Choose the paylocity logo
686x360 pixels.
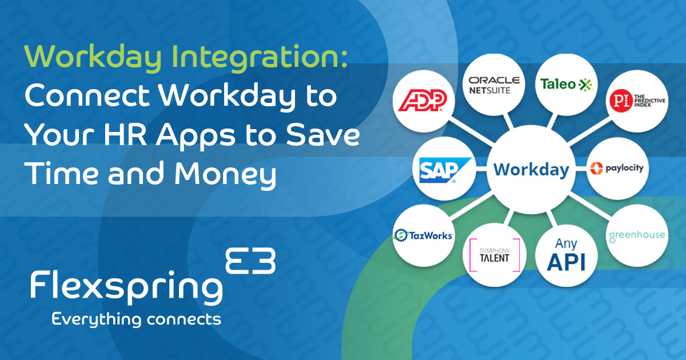pos(616,169)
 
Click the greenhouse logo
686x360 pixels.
pos(636,235)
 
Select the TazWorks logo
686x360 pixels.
pos(424,235)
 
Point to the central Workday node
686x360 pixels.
pos(531,170)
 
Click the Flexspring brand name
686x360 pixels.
pos(126,286)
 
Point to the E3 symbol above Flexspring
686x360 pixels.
pos(251,261)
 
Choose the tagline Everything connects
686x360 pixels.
pos(136,319)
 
